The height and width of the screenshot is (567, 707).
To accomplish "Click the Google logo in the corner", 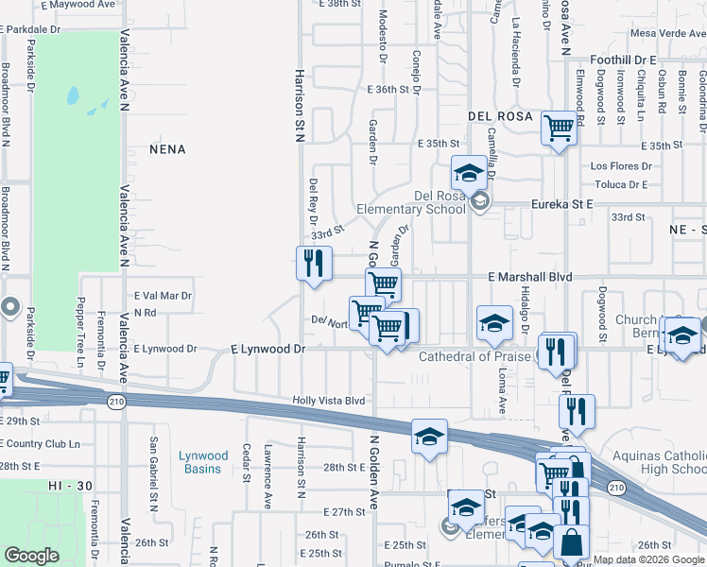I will [x=31, y=556].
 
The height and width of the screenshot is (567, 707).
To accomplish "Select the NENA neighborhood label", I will [x=167, y=149].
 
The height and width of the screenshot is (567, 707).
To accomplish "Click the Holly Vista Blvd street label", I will [x=328, y=401].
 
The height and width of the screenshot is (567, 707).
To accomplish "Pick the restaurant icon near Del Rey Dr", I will [x=313, y=263].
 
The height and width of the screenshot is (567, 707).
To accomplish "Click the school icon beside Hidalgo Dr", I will [x=494, y=323].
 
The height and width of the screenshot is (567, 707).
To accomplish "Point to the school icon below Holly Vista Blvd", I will [x=429, y=436].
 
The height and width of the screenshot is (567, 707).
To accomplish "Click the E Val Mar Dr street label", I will [x=164, y=296].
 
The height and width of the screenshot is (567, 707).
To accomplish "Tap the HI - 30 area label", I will [x=71, y=485].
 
